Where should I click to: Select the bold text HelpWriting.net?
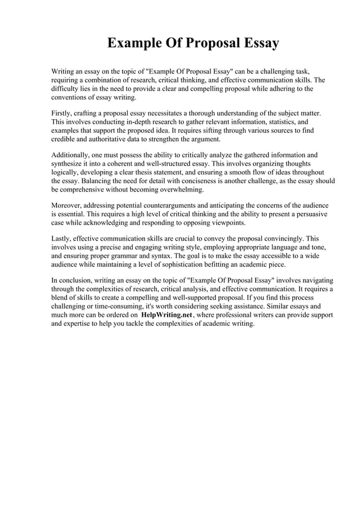(x=166, y=315)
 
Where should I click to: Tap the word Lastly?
(x=62, y=239)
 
